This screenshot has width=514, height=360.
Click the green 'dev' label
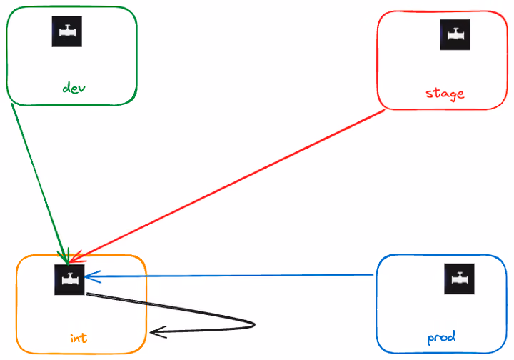74,88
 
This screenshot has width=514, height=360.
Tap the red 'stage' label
445,94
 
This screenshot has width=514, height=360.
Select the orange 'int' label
79,338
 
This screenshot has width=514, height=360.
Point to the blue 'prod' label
441,338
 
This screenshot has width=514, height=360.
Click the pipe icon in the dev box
67,31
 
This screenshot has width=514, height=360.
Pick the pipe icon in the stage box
455,35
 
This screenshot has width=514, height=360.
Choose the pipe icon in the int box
69,280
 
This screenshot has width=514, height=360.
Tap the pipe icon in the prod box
459,279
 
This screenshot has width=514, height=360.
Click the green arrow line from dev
40,184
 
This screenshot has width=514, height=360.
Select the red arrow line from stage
227,186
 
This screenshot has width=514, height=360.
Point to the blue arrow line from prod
229,276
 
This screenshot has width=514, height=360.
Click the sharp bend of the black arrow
254,325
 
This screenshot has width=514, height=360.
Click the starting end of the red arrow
384,110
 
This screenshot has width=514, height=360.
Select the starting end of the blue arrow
373,275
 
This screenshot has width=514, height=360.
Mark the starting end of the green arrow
11,104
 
